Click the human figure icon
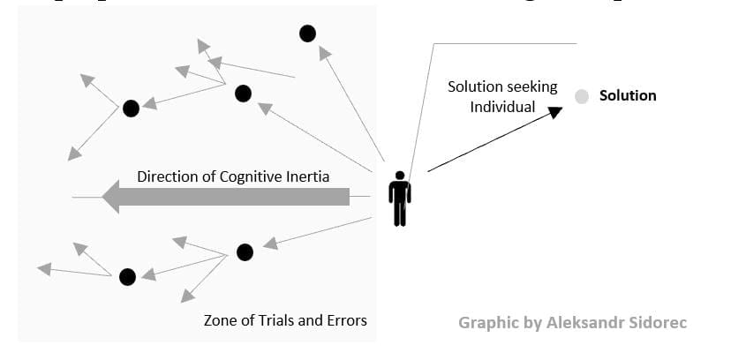click(400, 198)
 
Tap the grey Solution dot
click(582, 96)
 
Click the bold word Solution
click(628, 95)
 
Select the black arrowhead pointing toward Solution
click(554, 111)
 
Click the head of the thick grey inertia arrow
click(111, 196)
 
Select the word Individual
click(502, 107)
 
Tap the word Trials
click(278, 320)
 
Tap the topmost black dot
click(307, 34)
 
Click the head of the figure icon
click(400, 175)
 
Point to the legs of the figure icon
click(400, 214)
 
